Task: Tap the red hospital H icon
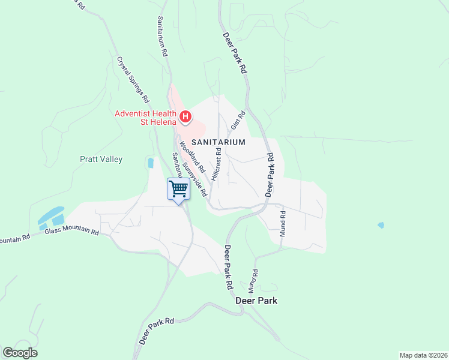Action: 185,116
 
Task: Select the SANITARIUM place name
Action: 218,142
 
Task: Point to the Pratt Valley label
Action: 101,160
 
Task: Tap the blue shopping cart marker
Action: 178,190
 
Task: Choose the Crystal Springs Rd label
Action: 133,79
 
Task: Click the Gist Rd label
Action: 238,121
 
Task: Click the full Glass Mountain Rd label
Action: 71,231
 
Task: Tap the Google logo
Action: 20,353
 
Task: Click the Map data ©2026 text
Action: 423,355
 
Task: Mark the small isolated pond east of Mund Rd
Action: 381,226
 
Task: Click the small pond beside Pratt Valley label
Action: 150,162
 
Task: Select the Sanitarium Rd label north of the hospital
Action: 162,36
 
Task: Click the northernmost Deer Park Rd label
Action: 235,53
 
